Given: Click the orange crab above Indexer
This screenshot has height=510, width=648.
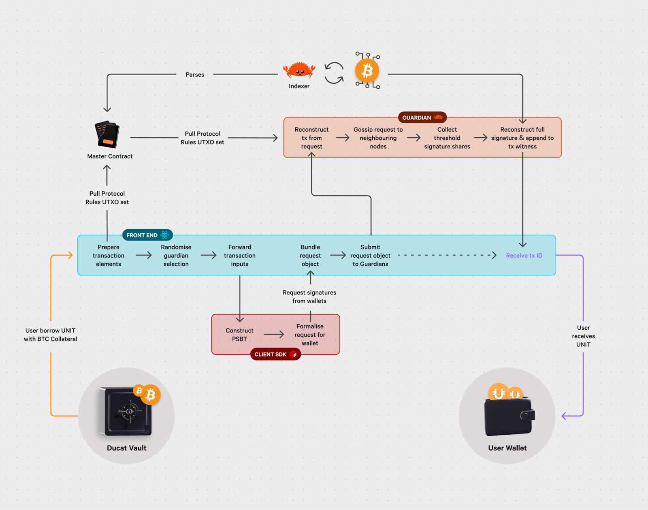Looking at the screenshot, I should pos(299,70).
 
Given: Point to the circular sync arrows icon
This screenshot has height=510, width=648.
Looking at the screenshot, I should pos(334,73).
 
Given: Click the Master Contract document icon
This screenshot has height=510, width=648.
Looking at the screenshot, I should pos(107,134).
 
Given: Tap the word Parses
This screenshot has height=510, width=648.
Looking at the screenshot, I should pos(195,75).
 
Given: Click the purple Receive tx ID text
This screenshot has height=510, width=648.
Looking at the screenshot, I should pos(524,256).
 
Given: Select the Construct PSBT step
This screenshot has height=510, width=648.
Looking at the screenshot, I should pos(239,335).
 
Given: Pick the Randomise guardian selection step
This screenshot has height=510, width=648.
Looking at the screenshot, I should pos(176,256).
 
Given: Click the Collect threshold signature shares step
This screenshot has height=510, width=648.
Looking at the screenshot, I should pos(447,138).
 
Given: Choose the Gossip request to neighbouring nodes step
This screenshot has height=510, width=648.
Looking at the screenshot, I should pos(378,138).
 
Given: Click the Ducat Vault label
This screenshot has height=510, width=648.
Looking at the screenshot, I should pos(127,448).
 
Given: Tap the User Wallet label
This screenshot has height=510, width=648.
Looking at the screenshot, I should pos(507,448).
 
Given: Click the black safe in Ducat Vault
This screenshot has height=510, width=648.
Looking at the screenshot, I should pos(126,412).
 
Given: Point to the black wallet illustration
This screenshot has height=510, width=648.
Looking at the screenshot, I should pos(509,416).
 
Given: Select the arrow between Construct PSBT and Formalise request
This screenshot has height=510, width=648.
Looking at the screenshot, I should pos(274,335).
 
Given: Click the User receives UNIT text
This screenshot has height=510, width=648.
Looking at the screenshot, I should pos(583,336).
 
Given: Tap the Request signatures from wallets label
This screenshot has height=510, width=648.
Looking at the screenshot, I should pos(309,297).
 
